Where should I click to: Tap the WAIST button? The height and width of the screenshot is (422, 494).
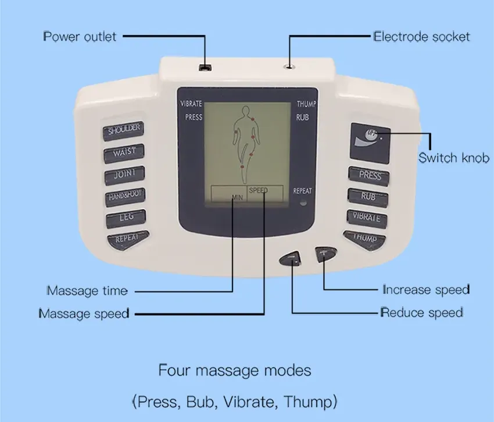point(124,153)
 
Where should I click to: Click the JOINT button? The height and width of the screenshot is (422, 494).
point(125,175)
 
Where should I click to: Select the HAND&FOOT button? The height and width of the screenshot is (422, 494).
point(126,197)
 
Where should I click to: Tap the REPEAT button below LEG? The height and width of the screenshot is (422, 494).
point(128,240)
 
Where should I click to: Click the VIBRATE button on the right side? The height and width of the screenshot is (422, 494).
point(367,218)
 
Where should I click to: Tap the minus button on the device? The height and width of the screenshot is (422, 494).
point(290,259)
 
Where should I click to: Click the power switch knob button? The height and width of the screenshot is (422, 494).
point(370,143)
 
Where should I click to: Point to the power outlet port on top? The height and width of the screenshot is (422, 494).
point(205,68)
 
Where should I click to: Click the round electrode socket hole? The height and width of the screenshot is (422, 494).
point(289,66)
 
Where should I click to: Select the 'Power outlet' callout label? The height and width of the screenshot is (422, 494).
point(80,37)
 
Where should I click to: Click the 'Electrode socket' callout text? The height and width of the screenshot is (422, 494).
point(421,37)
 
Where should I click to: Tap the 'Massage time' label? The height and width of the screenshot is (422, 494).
point(87,290)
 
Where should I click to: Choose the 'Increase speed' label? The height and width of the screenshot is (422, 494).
point(426,289)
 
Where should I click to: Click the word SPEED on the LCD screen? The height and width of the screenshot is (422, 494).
point(258,190)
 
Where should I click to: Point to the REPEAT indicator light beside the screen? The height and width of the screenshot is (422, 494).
point(303,203)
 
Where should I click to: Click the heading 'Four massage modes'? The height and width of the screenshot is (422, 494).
point(235,370)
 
